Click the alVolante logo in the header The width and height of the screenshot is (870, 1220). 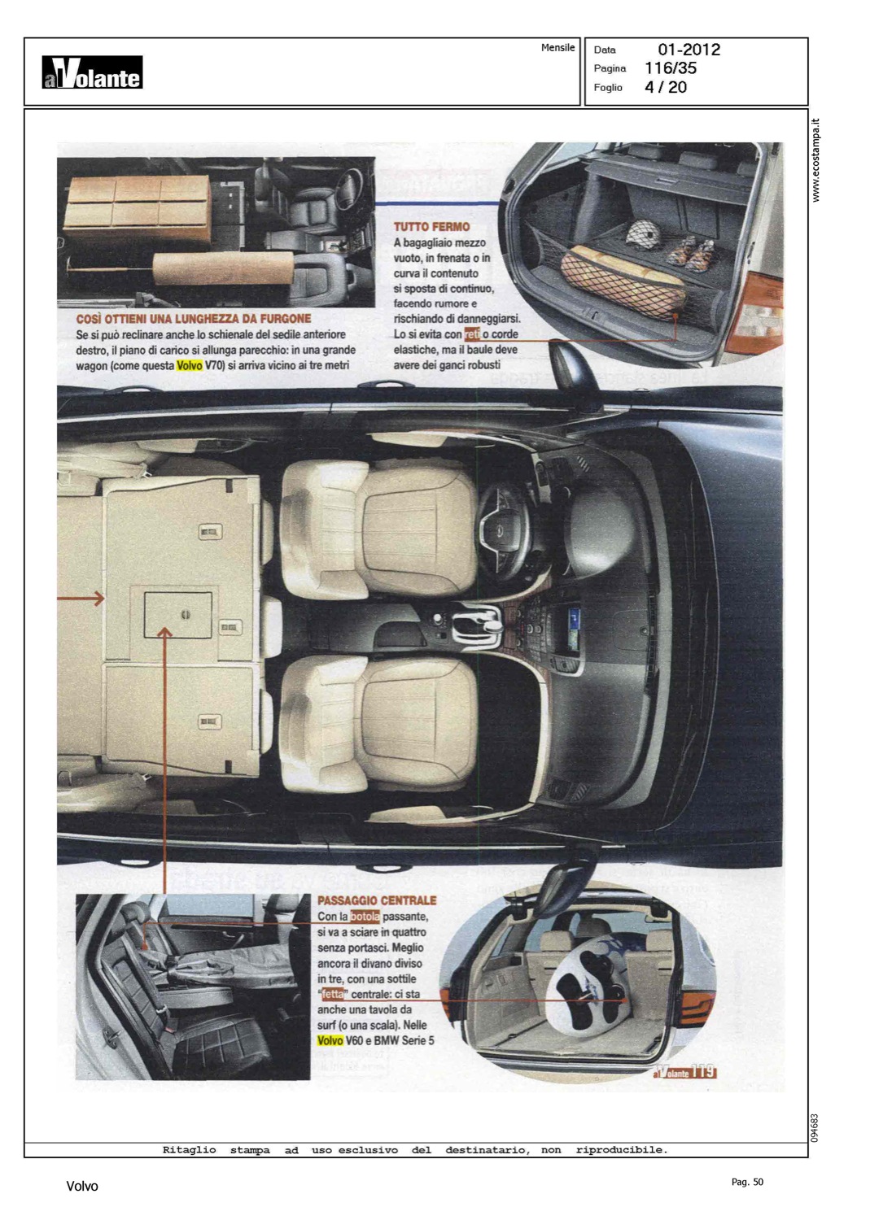[92, 72]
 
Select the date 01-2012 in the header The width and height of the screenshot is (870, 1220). [689, 50]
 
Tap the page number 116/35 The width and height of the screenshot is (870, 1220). [671, 68]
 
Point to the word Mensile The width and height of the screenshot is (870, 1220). [557, 48]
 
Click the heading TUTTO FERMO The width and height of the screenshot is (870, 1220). [431, 227]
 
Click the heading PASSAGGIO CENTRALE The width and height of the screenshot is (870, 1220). [378, 901]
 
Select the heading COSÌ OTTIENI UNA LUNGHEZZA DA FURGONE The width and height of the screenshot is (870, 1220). [194, 319]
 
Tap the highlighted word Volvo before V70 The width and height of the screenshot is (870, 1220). [190, 365]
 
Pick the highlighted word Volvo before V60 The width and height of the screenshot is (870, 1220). [330, 1040]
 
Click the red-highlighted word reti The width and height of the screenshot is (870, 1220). [472, 334]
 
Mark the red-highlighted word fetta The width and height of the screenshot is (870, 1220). [333, 994]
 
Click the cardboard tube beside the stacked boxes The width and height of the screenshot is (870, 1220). [224, 269]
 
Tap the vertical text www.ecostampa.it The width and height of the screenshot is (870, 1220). [815, 160]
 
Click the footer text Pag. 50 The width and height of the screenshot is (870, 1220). [747, 1181]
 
